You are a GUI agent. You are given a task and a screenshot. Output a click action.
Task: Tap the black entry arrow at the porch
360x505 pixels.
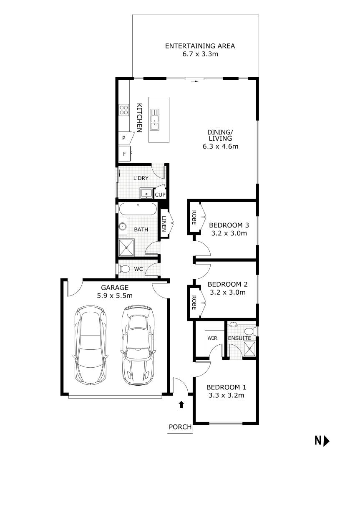181,404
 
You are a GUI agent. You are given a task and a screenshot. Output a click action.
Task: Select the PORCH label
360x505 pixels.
180,427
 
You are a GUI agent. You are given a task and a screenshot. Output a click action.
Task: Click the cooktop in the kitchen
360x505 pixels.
124,110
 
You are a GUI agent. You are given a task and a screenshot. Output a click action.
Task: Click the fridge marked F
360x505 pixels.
124,154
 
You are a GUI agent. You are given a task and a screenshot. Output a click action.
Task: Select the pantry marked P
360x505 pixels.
124,138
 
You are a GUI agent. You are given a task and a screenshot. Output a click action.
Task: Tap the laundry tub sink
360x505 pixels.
146,193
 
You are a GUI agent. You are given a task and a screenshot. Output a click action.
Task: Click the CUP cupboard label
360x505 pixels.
160,194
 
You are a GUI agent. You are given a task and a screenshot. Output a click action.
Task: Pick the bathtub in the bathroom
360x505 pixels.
138,209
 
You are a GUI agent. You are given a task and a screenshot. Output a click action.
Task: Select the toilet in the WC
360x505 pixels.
125,269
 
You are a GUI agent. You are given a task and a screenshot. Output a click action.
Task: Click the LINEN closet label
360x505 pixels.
164,224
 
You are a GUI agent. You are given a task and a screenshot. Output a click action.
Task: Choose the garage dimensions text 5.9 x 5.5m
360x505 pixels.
115,296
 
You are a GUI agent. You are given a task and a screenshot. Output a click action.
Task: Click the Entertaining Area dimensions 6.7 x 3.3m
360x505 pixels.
200,54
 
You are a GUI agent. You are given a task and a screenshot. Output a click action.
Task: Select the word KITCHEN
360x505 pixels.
140,117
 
